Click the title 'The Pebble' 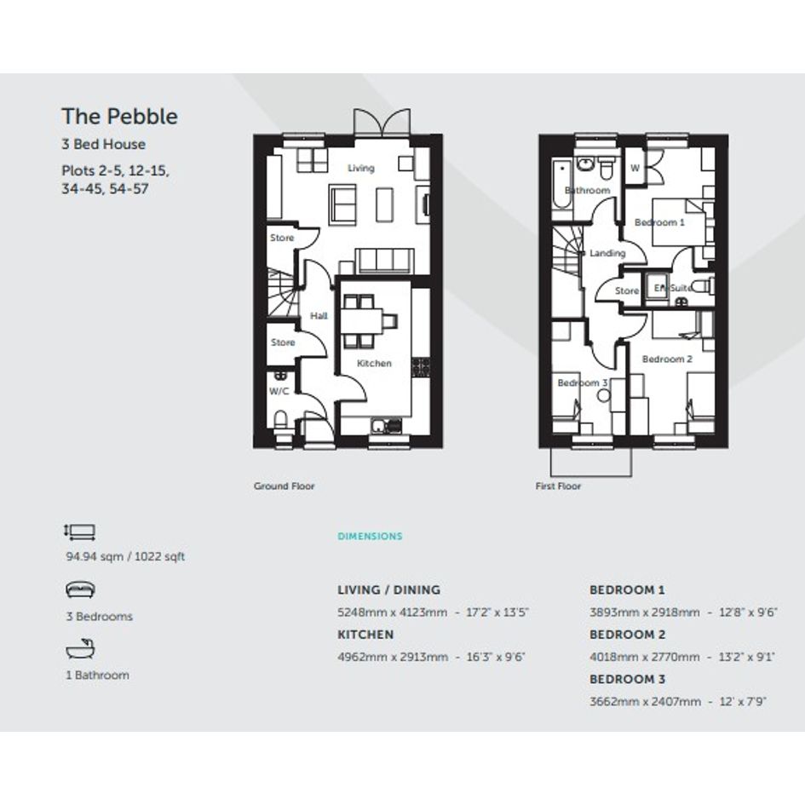[x=119, y=117]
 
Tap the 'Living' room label [x=361, y=168]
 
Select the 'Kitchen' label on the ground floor [x=374, y=363]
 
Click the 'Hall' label [x=319, y=316]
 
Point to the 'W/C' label [x=279, y=391]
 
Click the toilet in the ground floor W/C [x=281, y=421]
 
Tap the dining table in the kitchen [x=362, y=321]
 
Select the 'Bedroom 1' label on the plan [x=659, y=222]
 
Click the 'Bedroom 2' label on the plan [x=667, y=359]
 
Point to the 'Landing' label [x=607, y=253]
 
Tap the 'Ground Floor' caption [x=284, y=486]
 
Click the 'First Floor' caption [x=558, y=486]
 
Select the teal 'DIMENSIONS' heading [x=370, y=536]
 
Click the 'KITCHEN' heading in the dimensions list [x=365, y=635]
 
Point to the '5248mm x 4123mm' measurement [x=392, y=612]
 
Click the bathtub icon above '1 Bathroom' [x=81, y=649]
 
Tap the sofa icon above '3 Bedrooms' [x=80, y=589]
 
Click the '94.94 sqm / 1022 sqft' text [x=125, y=556]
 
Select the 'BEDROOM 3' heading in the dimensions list [x=627, y=679]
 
